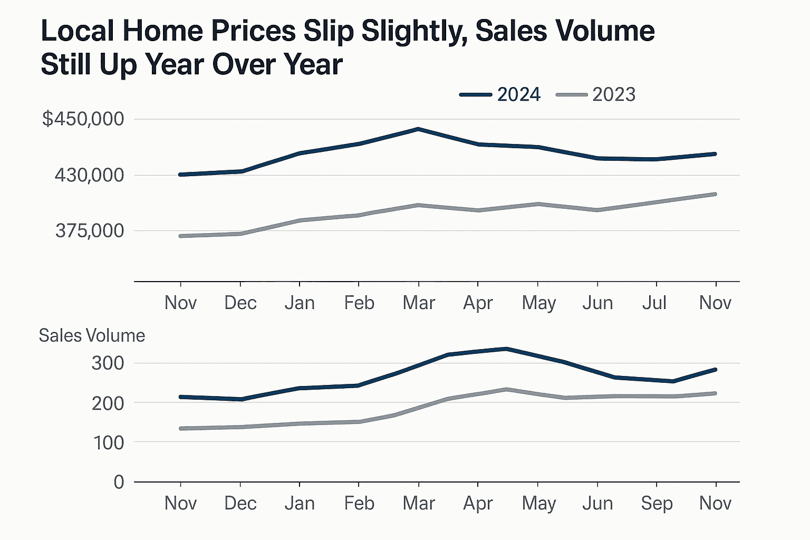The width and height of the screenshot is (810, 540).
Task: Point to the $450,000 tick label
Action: point(83,119)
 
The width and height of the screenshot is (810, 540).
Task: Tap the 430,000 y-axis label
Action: point(90,175)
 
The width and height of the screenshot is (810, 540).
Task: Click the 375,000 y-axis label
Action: point(90,230)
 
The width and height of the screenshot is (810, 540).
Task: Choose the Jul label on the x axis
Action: point(654,303)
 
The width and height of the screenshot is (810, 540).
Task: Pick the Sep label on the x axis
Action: point(657,503)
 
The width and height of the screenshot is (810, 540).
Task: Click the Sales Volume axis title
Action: point(92,335)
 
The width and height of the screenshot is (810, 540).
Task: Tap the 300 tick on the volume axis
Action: point(108,363)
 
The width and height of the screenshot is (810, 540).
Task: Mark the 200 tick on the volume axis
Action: point(108,403)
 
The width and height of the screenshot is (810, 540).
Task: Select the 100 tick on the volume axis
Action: point(108,442)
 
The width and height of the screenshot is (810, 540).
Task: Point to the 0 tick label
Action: point(119,481)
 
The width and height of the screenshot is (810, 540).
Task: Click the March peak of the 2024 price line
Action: point(418,129)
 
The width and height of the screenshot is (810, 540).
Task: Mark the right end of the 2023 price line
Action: point(715,194)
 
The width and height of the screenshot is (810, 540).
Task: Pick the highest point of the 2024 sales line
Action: point(506,349)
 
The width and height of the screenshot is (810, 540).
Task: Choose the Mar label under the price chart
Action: point(419,303)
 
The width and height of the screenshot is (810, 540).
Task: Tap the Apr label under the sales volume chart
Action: point(478,503)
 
